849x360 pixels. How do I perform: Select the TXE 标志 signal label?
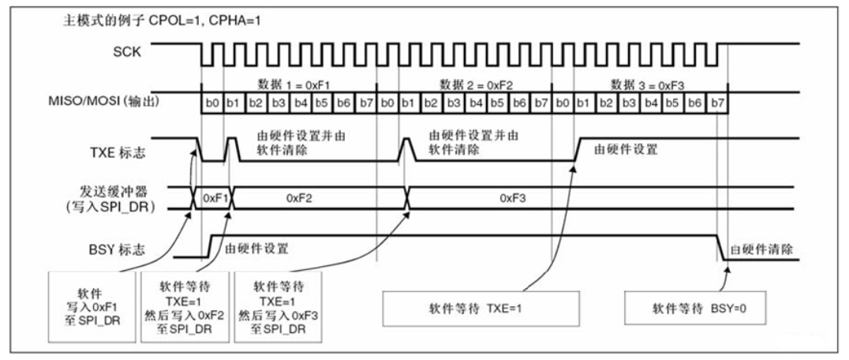(127, 148)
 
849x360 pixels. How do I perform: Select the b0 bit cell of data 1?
(212, 103)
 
